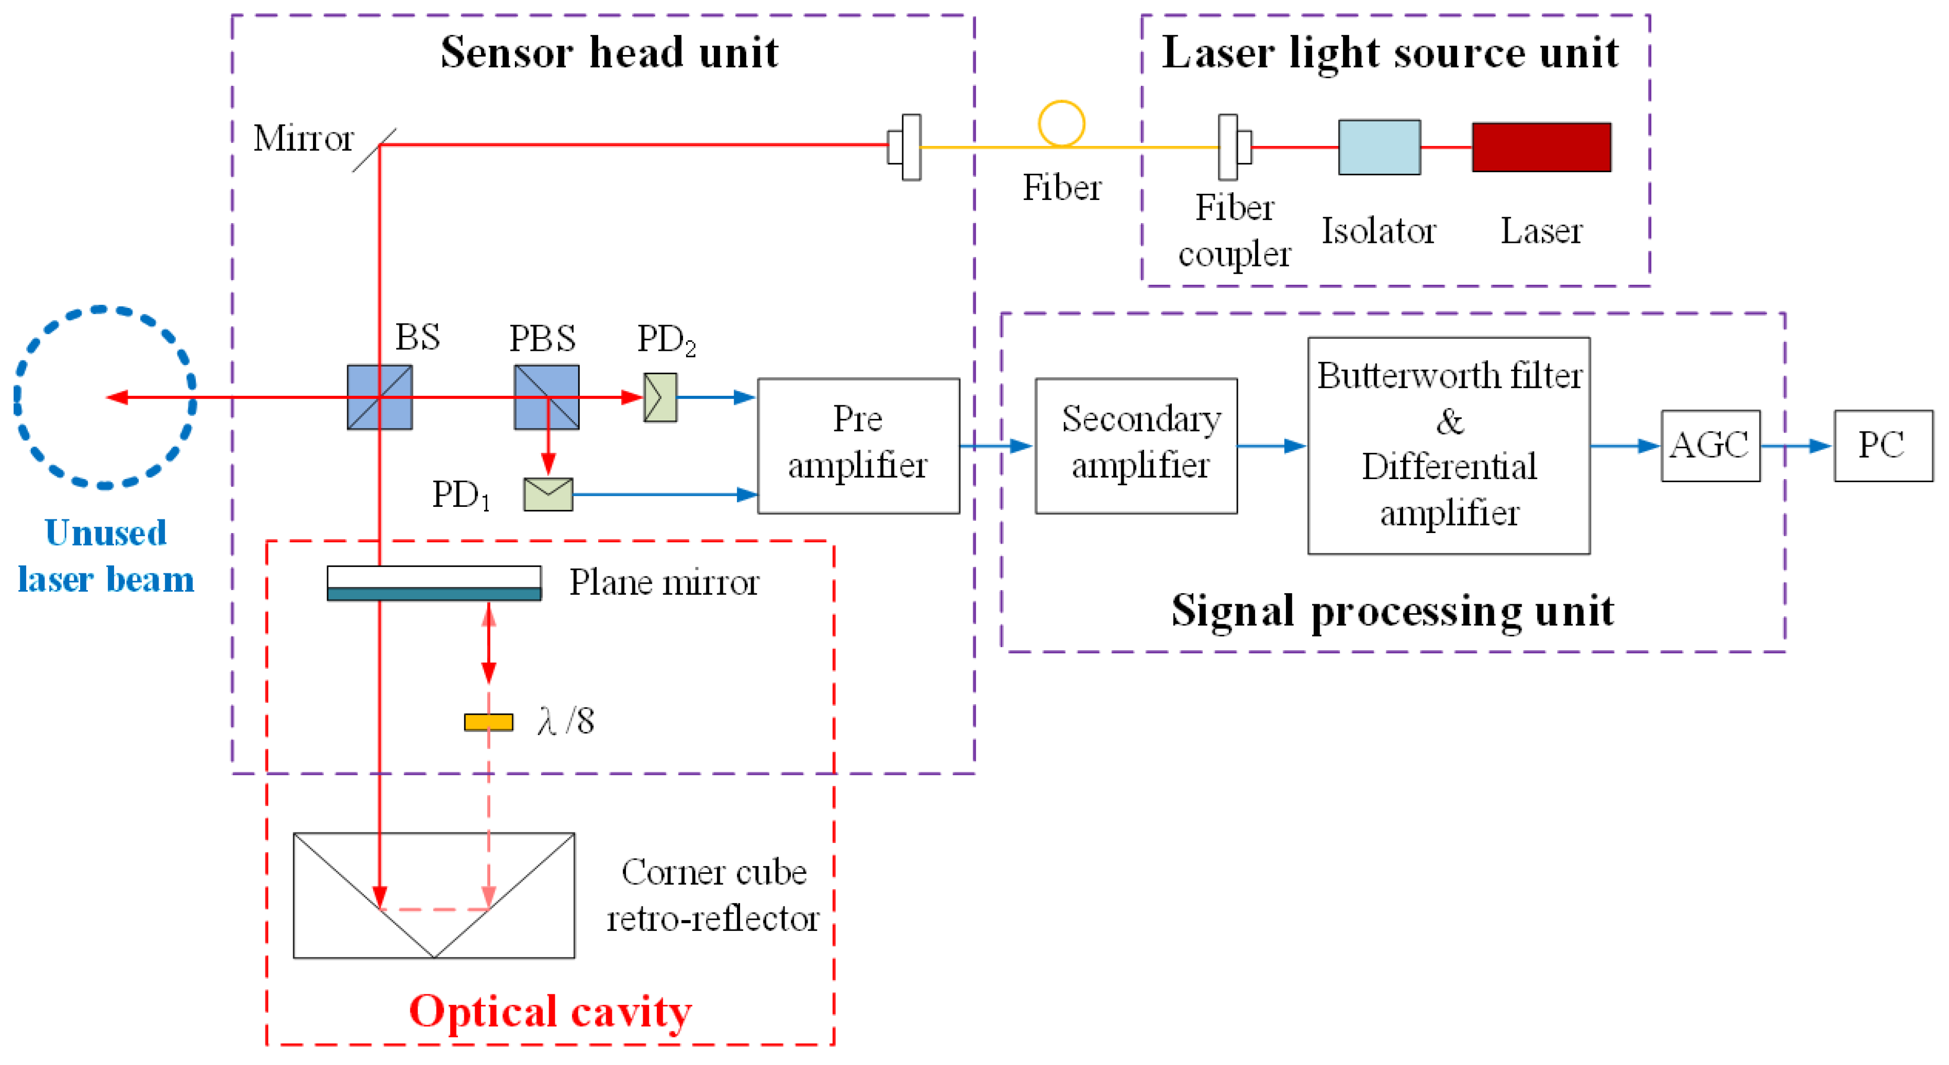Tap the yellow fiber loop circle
[x=1061, y=124]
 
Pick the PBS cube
[x=546, y=397]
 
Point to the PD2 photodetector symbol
[x=660, y=397]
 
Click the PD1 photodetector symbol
[x=548, y=494]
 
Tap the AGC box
[x=1710, y=445]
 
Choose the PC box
[x=1883, y=445]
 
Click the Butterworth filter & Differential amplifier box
[x=1448, y=445]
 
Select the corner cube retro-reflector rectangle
[x=433, y=895]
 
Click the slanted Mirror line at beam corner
[x=374, y=150]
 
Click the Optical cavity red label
[x=550, y=1011]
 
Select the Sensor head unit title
[x=609, y=52]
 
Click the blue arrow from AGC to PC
[x=1796, y=446]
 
